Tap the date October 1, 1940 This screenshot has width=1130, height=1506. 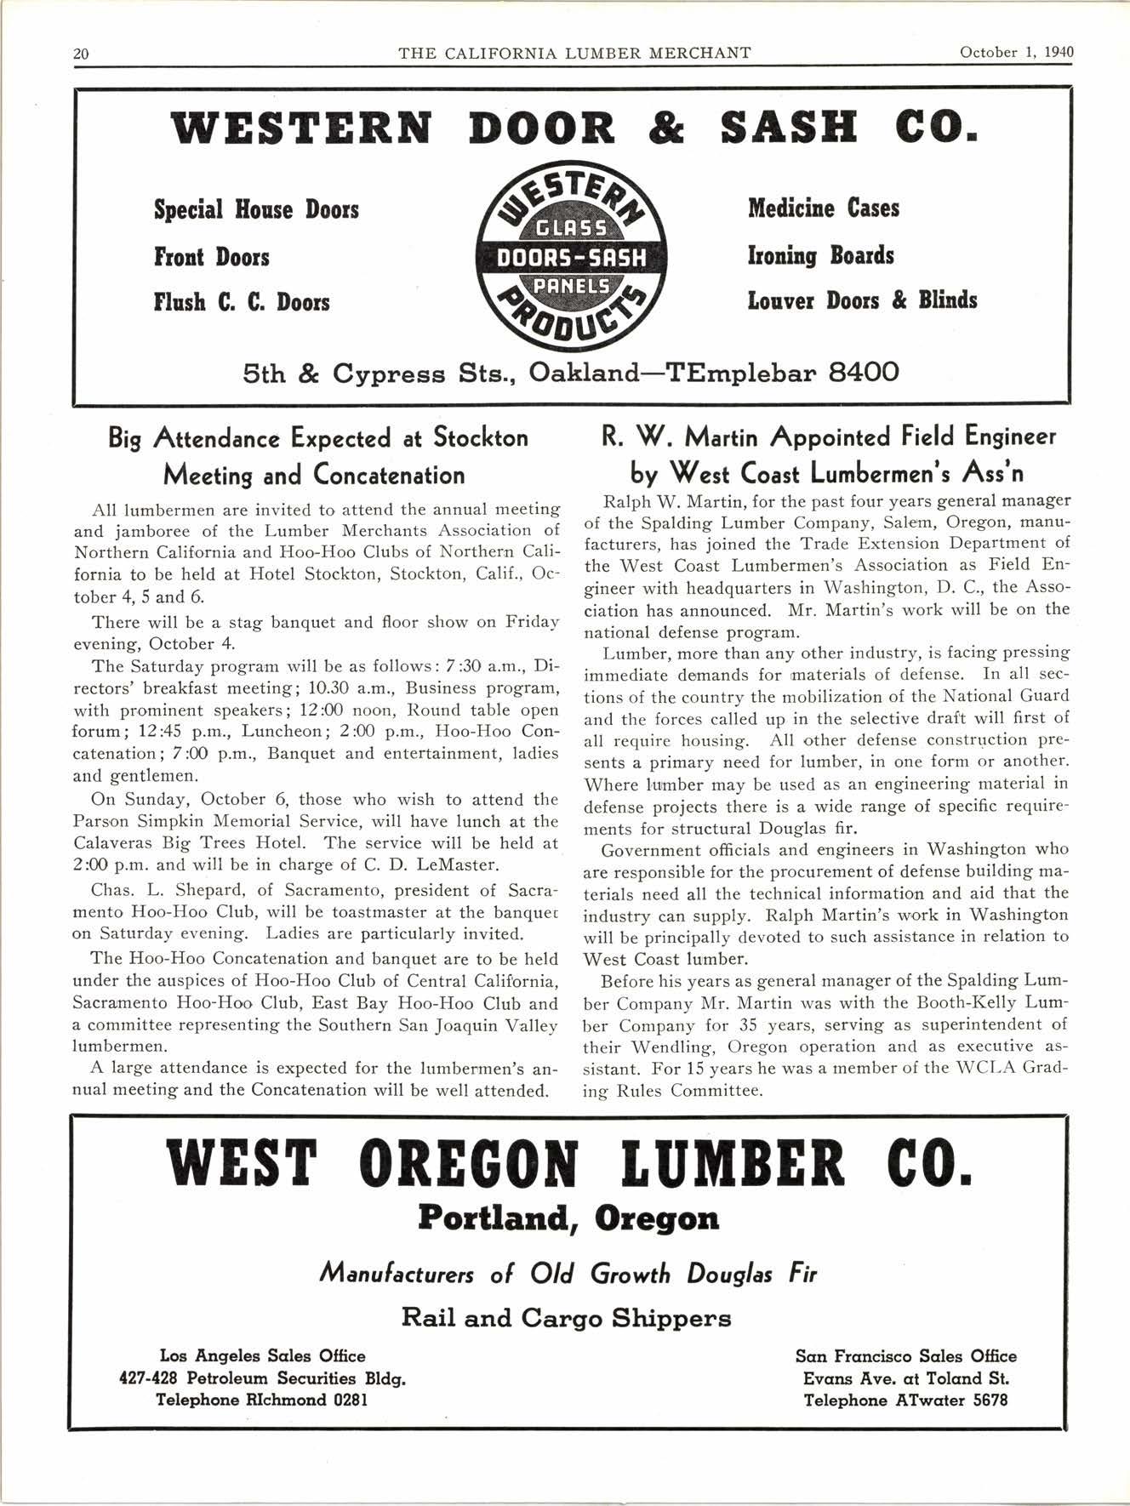pyautogui.click(x=1016, y=52)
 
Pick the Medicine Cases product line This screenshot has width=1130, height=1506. pyautogui.click(x=823, y=208)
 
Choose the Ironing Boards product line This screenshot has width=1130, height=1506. pyautogui.click(x=820, y=255)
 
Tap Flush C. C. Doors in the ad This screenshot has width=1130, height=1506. pyautogui.click(x=242, y=302)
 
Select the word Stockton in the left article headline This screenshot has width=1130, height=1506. pyautogui.click(x=481, y=438)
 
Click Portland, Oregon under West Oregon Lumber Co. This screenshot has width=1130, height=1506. pyautogui.click(x=568, y=1219)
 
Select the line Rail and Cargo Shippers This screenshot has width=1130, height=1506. pyautogui.click(x=566, y=1319)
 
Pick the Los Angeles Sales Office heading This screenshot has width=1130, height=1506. pyautogui.click(x=262, y=1356)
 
